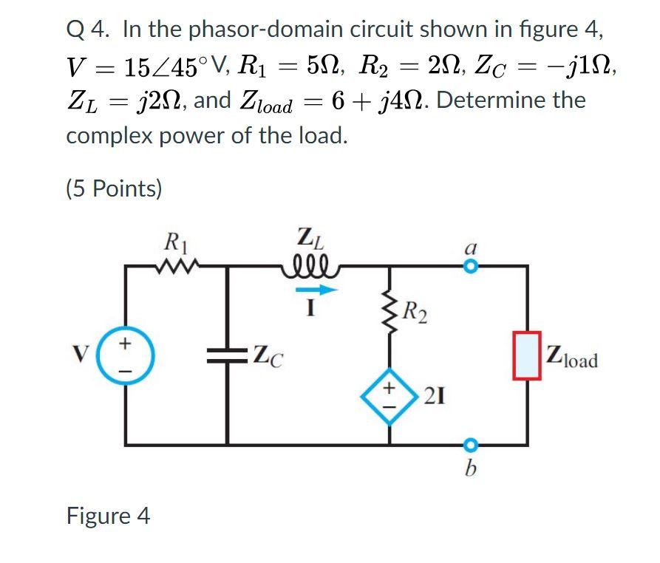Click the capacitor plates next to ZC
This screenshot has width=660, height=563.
click(226, 357)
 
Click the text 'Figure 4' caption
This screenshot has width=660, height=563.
click(109, 515)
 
